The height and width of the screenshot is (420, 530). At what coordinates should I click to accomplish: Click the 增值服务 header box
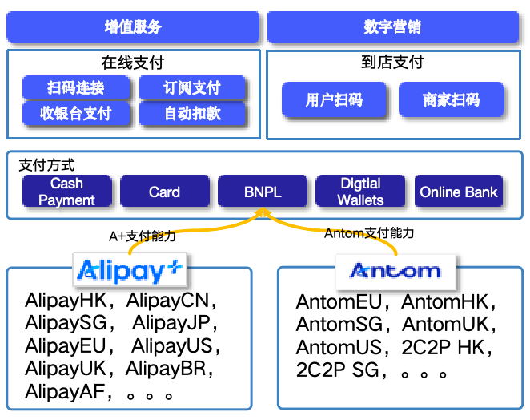point(133,27)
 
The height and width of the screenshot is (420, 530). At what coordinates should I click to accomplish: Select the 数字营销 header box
point(392,27)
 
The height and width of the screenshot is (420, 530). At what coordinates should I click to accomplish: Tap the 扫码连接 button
point(76,87)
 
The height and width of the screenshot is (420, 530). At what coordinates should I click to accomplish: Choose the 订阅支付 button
point(192,87)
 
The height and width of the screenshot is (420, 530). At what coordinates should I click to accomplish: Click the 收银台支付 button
point(76,113)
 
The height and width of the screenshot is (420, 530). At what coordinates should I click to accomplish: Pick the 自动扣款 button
point(192,113)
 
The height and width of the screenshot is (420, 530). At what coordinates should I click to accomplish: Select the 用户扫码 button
point(334,100)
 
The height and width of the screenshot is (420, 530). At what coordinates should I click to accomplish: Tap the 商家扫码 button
point(452,100)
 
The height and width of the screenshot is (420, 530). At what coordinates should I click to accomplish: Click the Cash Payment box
point(66,192)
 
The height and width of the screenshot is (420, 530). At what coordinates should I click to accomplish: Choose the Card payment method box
point(164,192)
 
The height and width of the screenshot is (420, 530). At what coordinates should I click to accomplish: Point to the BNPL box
point(263,192)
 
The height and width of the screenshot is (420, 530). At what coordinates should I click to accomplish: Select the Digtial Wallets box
point(361,192)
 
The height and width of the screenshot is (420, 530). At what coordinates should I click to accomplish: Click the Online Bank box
point(459,192)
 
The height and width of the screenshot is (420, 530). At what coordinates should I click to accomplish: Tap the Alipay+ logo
point(130,271)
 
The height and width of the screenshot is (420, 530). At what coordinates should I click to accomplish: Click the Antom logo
point(395,271)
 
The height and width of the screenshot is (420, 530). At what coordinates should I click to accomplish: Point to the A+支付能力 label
point(143,236)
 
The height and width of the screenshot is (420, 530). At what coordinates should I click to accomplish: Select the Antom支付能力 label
point(369,233)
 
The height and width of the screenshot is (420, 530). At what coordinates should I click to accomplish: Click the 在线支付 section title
point(133,63)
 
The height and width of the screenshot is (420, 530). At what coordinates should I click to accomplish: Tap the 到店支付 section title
point(392,62)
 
